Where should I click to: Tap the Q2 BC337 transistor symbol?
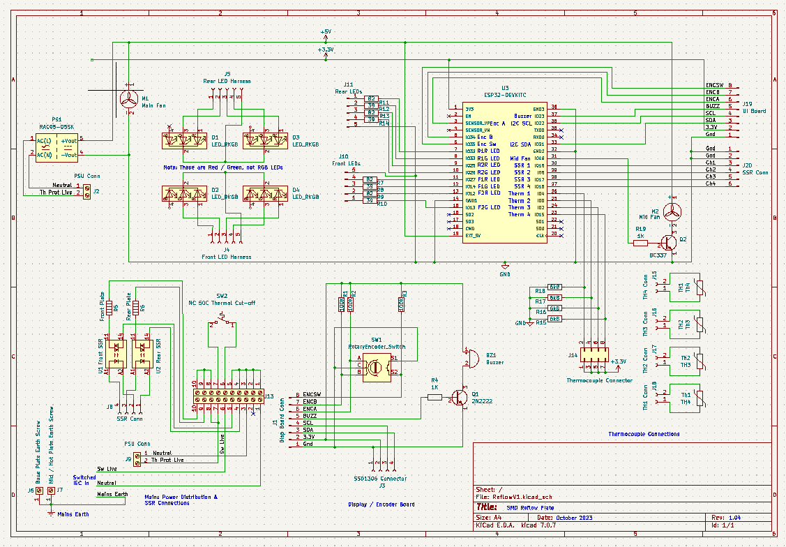668,242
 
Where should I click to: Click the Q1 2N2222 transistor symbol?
459,397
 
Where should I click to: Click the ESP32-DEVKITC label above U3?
504,94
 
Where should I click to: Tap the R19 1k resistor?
640,242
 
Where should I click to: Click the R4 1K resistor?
434,397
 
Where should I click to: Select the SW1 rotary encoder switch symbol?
376,365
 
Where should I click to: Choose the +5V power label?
325,33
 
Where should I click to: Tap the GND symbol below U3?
504,266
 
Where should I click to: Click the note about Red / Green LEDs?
223,168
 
